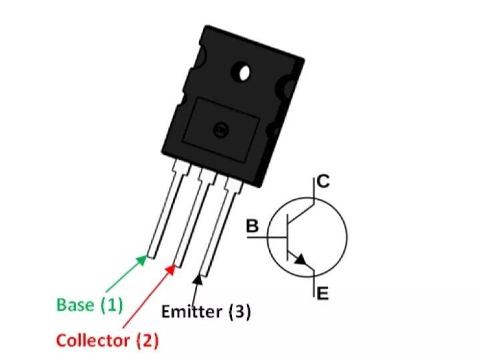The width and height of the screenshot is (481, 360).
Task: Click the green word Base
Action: pyautogui.click(x=75, y=305)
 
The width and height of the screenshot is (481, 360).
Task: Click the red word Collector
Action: pyautogui.click(x=94, y=341)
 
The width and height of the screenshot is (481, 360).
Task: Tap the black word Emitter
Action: pyautogui.click(x=192, y=311)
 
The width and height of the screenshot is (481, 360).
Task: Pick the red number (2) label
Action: pyautogui.click(x=148, y=341)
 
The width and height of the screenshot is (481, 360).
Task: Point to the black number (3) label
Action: pyautogui.click(x=240, y=312)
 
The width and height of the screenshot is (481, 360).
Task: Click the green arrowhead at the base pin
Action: pyautogui.click(x=142, y=260)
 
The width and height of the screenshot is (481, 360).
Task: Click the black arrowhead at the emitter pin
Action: pyautogui.click(x=198, y=279)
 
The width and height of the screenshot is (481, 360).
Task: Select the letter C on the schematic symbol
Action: pyautogui.click(x=323, y=181)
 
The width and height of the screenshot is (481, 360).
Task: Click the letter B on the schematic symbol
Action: pyautogui.click(x=253, y=226)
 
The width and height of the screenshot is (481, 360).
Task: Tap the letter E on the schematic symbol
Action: pyautogui.click(x=323, y=293)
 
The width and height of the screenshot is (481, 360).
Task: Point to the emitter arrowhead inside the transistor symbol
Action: pyautogui.click(x=301, y=259)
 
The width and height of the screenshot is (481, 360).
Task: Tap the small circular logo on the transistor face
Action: pyautogui.click(x=221, y=130)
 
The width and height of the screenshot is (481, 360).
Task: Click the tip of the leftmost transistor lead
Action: pyautogui.click(x=151, y=256)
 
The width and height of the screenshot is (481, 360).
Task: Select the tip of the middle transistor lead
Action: pyautogui.click(x=178, y=265)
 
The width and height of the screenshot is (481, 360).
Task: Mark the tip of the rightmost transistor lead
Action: pyautogui.click(x=204, y=275)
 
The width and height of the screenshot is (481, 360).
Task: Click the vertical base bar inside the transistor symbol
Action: pyautogui.click(x=288, y=237)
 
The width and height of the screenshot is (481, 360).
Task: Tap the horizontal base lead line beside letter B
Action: pyautogui.click(x=267, y=237)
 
